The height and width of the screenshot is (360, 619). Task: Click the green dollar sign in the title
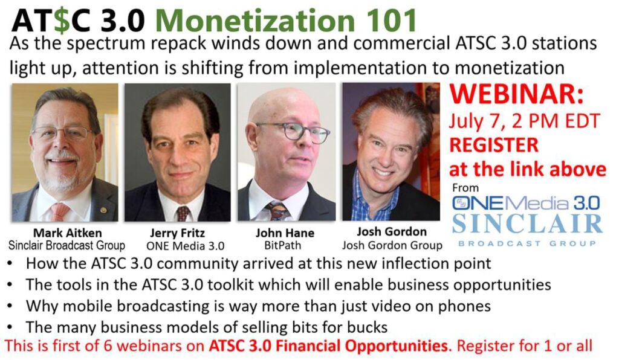[62, 21]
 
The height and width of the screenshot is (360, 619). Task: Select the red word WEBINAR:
[517, 95]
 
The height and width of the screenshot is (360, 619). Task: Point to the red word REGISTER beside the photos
[494, 145]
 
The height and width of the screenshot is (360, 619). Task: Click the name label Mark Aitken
[68, 233]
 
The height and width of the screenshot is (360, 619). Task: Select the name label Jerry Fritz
[177, 233]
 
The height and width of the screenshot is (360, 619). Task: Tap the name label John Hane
[285, 233]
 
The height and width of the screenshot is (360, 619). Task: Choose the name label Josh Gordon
[392, 232]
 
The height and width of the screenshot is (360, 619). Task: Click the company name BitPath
[283, 245]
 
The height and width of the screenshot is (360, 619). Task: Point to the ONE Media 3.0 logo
[525, 203]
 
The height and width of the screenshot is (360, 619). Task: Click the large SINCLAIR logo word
[527, 224]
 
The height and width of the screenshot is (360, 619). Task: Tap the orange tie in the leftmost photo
[59, 212]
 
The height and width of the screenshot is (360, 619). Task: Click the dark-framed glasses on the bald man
[293, 132]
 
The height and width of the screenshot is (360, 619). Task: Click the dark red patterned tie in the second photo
[183, 213]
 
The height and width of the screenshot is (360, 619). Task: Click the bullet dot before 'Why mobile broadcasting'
[10, 306]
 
